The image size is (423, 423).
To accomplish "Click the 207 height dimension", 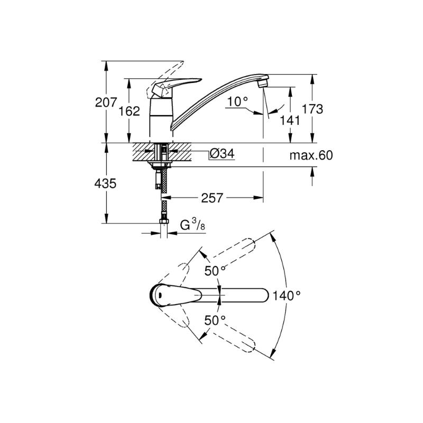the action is click(x=106, y=102).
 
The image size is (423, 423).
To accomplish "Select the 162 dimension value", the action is click(x=130, y=111).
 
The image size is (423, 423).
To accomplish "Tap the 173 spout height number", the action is click(x=312, y=109).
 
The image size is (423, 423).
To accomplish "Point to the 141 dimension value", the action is click(x=290, y=121).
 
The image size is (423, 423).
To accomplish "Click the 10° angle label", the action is click(x=237, y=102).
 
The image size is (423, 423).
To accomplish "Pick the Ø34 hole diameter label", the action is click(x=222, y=154).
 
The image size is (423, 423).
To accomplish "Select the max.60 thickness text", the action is click(x=311, y=155).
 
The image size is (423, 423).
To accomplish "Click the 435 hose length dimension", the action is click(x=105, y=183).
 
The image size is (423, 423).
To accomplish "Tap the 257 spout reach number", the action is click(x=212, y=198).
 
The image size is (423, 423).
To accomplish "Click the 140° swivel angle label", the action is click(x=287, y=296).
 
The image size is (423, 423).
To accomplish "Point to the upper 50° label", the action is click(x=215, y=271).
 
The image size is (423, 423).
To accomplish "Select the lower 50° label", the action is click(x=215, y=320).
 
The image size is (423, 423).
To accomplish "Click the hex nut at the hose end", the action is click(x=164, y=221).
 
